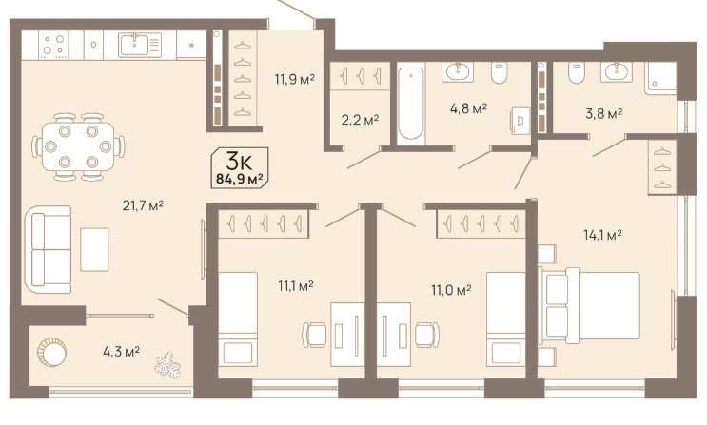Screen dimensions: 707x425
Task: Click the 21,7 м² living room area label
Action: pyautogui.click(x=143, y=206)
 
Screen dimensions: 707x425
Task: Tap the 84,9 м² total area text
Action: pyautogui.click(x=240, y=179)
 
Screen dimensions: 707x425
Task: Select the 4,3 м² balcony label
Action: pyautogui.click(x=121, y=351)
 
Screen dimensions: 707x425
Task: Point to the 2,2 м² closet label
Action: pyautogui.click(x=360, y=120)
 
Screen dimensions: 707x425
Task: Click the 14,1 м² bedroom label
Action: pyautogui.click(x=603, y=235)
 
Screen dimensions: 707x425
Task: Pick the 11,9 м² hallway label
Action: pyautogui.click(x=294, y=80)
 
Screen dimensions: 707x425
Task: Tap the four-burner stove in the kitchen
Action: pyautogui.click(x=53, y=45)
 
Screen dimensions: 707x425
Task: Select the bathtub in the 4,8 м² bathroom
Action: pyautogui.click(x=411, y=104)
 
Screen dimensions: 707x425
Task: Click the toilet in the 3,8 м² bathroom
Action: pyautogui.click(x=577, y=72)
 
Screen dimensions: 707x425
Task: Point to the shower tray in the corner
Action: pyautogui.click(x=660, y=78)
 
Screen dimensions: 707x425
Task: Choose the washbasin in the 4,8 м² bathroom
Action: pyautogui.click(x=458, y=70)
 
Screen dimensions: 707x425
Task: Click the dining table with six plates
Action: pyautogui.click(x=78, y=146)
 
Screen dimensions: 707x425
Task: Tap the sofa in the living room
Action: pyautogui.click(x=48, y=249)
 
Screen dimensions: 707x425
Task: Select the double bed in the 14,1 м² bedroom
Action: pyautogui.click(x=589, y=305)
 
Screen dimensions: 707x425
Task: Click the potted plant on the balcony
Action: pyautogui.click(x=167, y=364)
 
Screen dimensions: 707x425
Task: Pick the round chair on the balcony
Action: pyautogui.click(x=51, y=353)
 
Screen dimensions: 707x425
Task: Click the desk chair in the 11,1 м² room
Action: pyautogui.click(x=314, y=335)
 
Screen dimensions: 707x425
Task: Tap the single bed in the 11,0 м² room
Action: pyautogui.click(x=506, y=319)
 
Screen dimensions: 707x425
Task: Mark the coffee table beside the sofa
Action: pyautogui.click(x=94, y=249)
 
